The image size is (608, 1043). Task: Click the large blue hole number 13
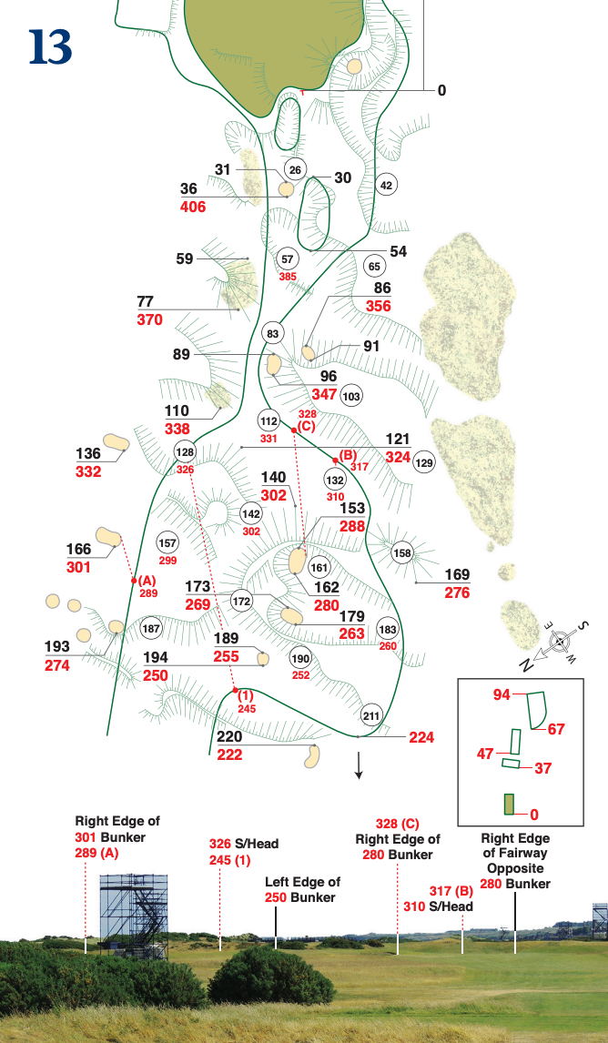tap(49, 47)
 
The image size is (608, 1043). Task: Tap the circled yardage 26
tap(294, 169)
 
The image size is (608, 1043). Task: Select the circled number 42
tap(386, 185)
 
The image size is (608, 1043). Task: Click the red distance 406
tap(192, 207)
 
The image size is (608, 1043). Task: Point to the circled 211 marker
tap(370, 714)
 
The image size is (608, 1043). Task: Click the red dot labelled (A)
tap(133, 581)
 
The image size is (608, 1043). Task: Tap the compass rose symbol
tap(561, 641)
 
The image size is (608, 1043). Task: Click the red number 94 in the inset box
tap(501, 694)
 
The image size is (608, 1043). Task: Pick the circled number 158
tap(402, 552)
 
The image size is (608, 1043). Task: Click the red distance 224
tap(421, 737)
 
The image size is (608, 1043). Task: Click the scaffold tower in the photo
tap(134, 916)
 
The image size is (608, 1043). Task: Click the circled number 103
tap(351, 396)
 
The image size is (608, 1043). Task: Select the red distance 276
tap(457, 593)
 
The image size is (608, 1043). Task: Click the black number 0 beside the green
tap(441, 90)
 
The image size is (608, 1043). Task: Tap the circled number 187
tap(151, 629)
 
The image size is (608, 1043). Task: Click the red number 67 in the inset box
tap(557, 729)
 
